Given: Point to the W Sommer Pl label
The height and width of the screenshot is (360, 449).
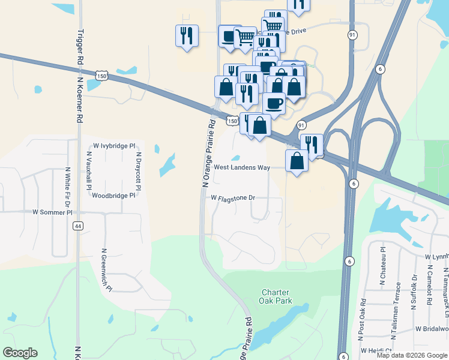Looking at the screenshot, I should pos(52,212).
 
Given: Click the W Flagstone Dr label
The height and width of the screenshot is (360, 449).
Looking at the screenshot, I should pos(233,197).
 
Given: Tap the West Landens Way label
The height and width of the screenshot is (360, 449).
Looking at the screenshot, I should pos(242,168).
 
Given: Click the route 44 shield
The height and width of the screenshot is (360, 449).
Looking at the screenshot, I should pos(77,226).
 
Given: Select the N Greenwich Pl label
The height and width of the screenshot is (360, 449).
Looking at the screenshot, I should pos(107,269).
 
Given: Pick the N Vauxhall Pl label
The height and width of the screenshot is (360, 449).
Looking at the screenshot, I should pos(89,170).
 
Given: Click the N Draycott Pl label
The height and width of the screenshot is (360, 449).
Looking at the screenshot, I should pos(138,170).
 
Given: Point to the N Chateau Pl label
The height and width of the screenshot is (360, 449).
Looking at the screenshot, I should pos(382,265).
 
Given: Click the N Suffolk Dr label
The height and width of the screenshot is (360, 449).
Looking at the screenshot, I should pos(414,292).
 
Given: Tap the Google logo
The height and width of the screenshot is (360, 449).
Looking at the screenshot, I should pos(20,353).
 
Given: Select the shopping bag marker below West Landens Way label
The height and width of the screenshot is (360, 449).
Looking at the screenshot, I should pos(297,161).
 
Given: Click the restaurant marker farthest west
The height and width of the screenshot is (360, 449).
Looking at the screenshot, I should pos(187,35).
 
